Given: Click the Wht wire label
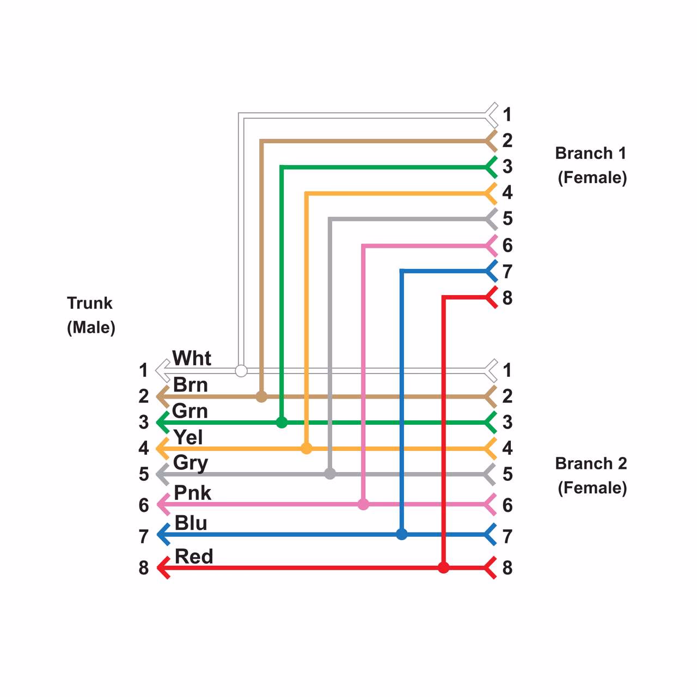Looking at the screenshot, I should point(192,358).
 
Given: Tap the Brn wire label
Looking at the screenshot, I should point(191,385).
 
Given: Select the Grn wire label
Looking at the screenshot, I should point(190,411).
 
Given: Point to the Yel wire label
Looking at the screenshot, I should point(188,437).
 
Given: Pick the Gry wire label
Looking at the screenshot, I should point(191,463).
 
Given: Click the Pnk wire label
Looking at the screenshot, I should point(192,493).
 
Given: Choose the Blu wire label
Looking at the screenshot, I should point(191,523).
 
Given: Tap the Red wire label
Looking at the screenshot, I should point(194,557).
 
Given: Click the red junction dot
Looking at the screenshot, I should point(444,568).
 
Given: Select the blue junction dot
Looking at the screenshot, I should point(402,534).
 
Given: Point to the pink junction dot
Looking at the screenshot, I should point(363,505).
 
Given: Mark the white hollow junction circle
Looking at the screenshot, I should point(241,371).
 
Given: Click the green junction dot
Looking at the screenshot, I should point(282,423).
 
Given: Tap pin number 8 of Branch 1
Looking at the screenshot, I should point(508,298).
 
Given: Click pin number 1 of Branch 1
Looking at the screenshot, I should point(508,114).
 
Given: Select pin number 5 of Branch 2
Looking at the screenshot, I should point(508,474).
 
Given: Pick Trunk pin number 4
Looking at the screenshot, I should point(143,448).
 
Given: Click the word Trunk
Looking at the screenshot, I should point(90,303).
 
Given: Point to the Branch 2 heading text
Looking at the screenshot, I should point(591,463).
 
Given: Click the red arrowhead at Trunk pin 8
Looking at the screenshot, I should point(163,568).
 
